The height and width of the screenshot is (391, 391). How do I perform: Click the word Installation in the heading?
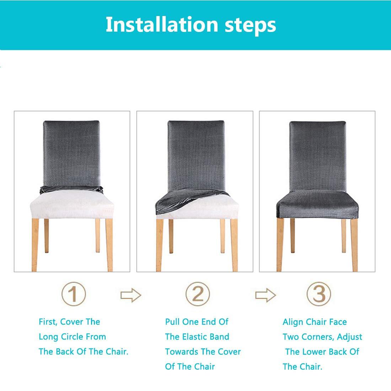coord(162,24)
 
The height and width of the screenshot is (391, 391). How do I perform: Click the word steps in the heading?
coord(250,26)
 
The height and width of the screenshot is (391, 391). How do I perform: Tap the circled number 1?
coord(74,294)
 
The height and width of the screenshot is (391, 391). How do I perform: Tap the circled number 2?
coord(198,294)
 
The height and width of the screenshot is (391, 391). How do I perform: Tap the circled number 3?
coord(319,294)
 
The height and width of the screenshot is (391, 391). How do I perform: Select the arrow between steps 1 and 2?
coord(131,295)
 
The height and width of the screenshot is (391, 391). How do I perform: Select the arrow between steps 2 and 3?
coord(266,295)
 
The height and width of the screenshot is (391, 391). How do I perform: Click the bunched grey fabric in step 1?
coord(71,189)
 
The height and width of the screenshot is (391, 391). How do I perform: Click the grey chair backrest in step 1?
coord(71,153)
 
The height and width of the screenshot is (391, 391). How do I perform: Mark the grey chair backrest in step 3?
coord(318,156)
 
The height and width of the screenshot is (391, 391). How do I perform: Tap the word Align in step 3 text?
coord(293,322)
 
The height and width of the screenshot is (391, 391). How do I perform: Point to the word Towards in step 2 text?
coord(182,352)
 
